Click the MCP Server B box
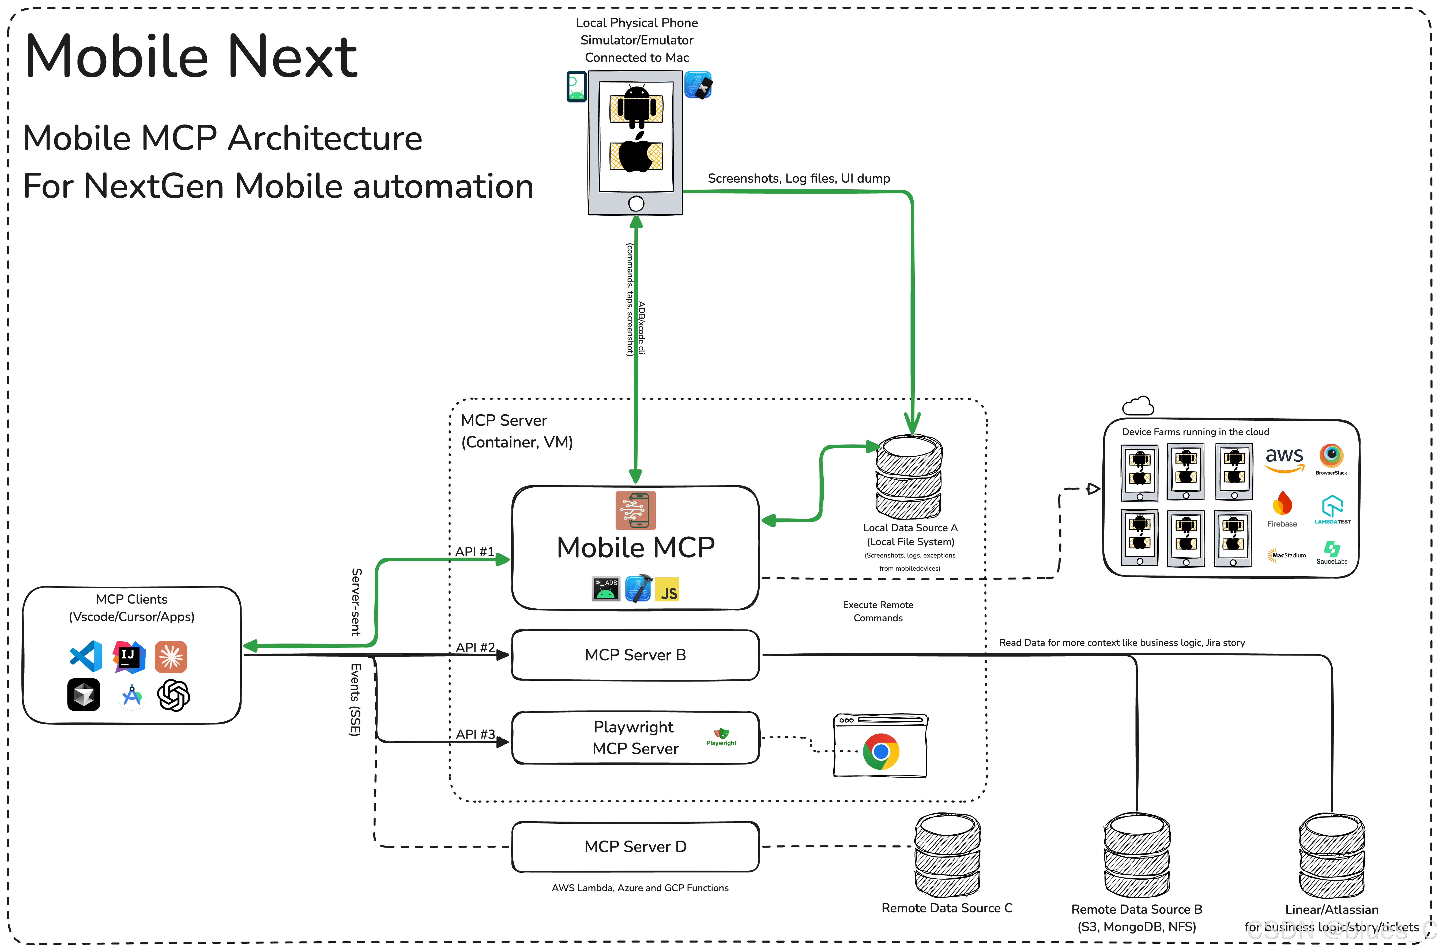pos(635,655)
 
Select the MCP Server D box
pos(635,847)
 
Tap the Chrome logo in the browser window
pos(881,752)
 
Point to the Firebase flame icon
pos(1282,503)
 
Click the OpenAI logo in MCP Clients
pos(174,695)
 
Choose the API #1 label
pos(474,552)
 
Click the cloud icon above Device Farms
pos(1138,406)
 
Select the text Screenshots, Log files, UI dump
pos(799,179)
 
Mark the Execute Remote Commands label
pos(877,611)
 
